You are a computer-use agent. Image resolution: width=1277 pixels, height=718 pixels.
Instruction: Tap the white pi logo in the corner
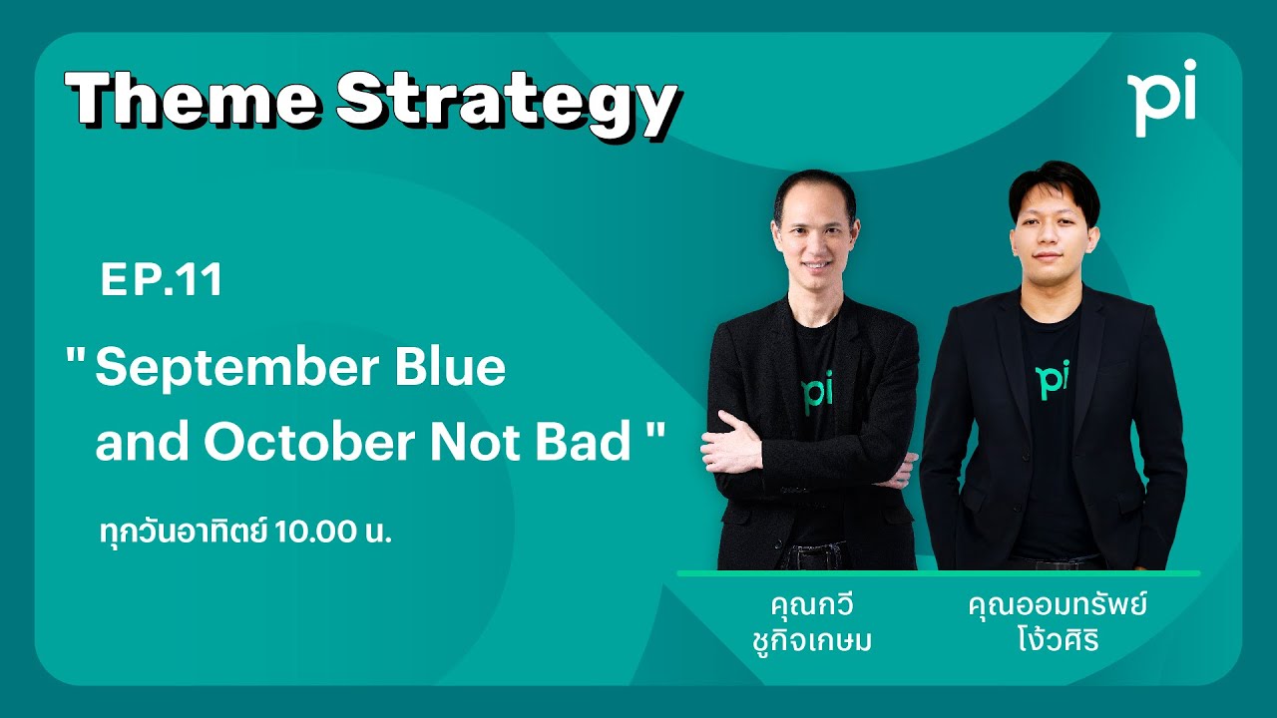pyautogui.click(x=1162, y=97)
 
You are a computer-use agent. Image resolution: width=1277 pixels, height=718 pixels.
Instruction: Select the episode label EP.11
pyautogui.click(x=161, y=281)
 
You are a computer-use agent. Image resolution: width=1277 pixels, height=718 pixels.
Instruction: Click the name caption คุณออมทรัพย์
pyautogui.click(x=1059, y=606)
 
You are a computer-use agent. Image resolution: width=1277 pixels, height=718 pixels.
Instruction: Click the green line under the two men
pyautogui.click(x=938, y=573)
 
